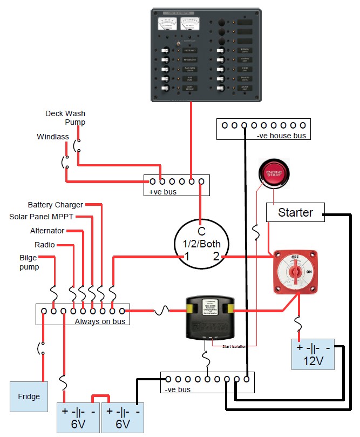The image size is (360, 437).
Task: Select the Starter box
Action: (x=295, y=212)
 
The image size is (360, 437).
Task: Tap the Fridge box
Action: (x=29, y=396)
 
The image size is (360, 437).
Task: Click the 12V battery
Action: (x=313, y=354)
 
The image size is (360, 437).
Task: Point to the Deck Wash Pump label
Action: (x=65, y=118)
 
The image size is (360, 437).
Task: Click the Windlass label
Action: (x=53, y=137)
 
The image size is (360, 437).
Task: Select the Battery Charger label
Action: (x=56, y=205)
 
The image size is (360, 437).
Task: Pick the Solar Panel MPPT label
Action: (x=41, y=217)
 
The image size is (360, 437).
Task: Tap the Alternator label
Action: (x=47, y=231)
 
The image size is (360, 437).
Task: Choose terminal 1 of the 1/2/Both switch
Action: (x=186, y=257)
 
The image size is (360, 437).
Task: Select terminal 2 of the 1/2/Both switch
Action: (x=216, y=257)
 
